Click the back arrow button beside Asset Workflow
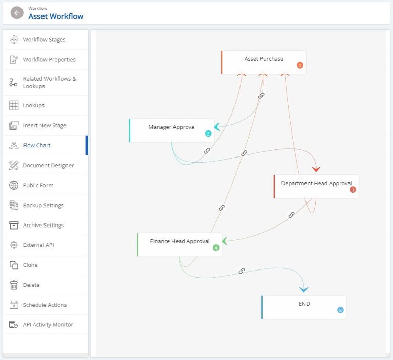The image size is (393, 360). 17,13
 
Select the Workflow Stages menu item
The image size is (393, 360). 44,40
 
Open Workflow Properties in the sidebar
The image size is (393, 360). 49,60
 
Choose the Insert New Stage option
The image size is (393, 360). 44,125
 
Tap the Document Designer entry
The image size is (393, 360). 48,165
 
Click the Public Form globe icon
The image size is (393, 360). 14,185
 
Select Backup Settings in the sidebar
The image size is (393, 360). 43,205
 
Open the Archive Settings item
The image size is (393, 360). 43,225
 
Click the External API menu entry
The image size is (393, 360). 38,245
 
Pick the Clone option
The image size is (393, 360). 30,265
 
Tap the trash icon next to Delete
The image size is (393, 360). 14,285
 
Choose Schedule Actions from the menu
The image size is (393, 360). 45,305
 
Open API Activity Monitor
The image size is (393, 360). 48,325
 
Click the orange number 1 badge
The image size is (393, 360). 300,65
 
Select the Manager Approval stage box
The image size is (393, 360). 172,130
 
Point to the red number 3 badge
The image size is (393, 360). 353,190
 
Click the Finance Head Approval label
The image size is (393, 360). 180,241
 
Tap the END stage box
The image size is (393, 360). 304,307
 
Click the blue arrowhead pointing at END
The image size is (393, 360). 303,289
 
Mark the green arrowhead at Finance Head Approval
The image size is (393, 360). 224,241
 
